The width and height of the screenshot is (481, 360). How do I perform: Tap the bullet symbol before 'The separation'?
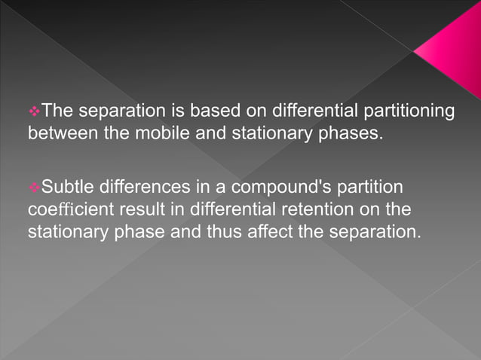point(33,111)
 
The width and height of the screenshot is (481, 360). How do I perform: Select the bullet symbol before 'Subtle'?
point(33,185)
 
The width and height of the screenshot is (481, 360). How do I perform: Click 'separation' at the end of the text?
point(375,230)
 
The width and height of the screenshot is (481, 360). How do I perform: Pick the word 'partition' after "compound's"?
point(364,185)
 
